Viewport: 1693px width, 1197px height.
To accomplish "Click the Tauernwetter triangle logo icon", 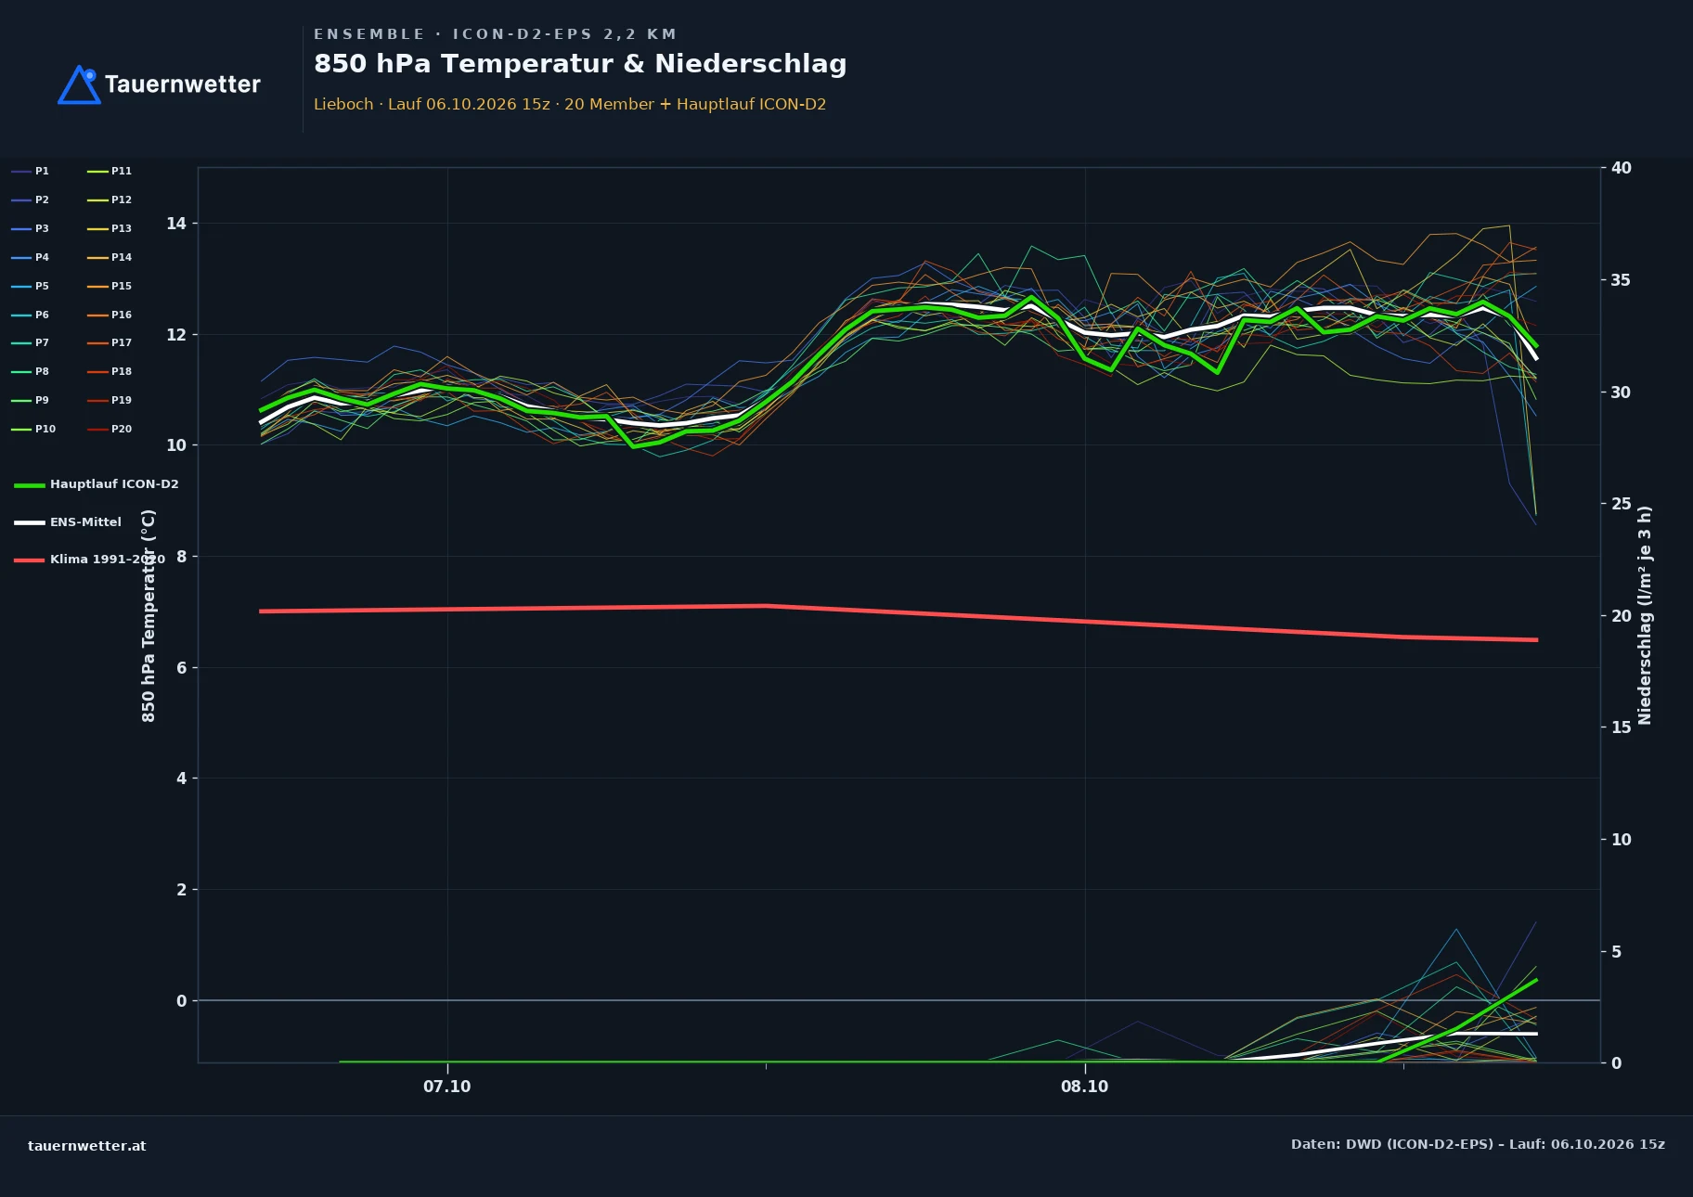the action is (x=79, y=84).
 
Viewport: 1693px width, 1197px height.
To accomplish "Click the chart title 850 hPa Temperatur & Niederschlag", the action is (x=580, y=64).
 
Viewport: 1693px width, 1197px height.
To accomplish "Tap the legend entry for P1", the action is (x=31, y=171).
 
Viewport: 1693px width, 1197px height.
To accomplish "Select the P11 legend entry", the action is (x=110, y=171).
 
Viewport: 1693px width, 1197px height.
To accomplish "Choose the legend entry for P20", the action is (x=110, y=429).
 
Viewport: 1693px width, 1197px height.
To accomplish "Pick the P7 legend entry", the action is (x=31, y=342).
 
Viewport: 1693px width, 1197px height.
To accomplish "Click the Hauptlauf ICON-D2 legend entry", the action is (x=97, y=484).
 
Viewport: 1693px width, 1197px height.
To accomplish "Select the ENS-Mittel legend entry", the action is (x=68, y=522).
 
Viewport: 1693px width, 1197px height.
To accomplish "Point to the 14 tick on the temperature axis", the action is (x=176, y=224).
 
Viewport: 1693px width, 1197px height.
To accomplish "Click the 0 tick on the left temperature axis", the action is (x=181, y=1000).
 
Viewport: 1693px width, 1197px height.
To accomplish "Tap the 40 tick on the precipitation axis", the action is (x=1621, y=168).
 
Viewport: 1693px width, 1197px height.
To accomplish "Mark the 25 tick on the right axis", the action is (x=1621, y=504).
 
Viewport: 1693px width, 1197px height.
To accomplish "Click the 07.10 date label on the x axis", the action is (x=447, y=1087).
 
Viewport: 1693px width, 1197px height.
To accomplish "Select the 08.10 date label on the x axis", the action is (x=1085, y=1087).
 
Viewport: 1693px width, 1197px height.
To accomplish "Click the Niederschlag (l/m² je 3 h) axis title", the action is (x=1645, y=615).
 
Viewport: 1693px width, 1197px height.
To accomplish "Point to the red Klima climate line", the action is (x=898, y=612).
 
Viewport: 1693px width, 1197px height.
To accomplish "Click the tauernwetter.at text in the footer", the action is (x=87, y=1146).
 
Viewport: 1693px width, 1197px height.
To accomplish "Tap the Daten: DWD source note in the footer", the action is (x=1478, y=1144).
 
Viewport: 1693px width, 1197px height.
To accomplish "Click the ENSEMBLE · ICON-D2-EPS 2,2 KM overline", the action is (x=495, y=34).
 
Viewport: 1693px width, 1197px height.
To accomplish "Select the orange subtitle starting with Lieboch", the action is (x=570, y=104).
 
